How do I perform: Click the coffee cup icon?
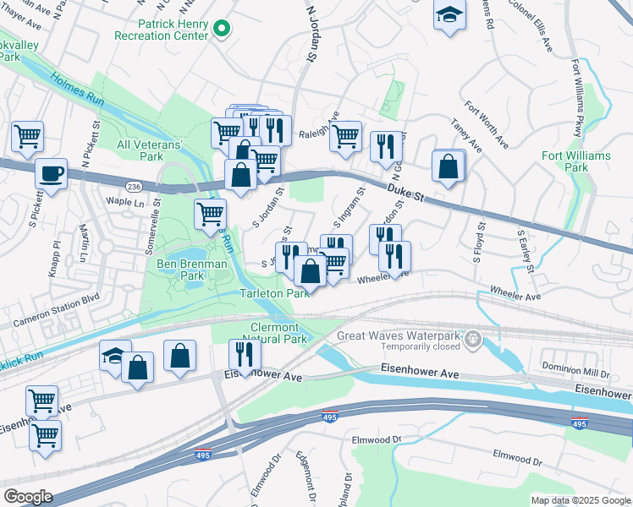pos(52,173)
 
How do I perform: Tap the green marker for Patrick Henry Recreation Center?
pos(222,30)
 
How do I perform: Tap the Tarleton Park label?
pos(273,293)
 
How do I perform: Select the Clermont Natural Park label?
pos(278,333)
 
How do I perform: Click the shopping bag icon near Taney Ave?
pos(448,166)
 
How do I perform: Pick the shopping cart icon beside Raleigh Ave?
pos(344,135)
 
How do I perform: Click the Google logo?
pos(28,497)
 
